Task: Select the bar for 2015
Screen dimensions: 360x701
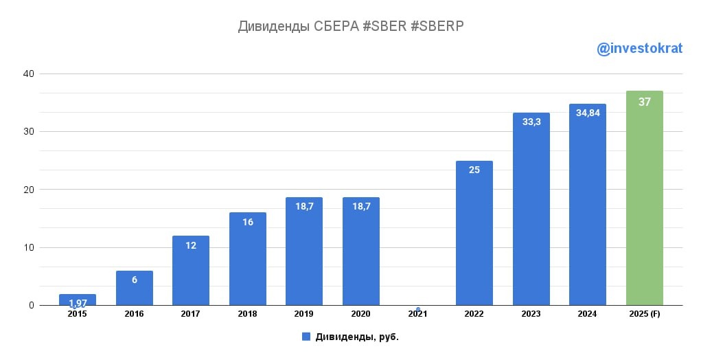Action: click(78, 300)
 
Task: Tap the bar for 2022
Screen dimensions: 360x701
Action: click(474, 234)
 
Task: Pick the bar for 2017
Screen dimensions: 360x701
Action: click(191, 271)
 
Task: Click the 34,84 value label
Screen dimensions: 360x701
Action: click(588, 113)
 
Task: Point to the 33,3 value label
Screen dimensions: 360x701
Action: click(531, 122)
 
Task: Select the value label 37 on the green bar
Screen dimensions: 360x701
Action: click(644, 102)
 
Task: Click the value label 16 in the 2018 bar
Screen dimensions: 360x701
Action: click(248, 222)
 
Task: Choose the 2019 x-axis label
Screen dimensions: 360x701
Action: click(304, 314)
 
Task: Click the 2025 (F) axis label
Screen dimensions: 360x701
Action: click(644, 314)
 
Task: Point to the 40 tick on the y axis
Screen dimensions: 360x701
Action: click(29, 74)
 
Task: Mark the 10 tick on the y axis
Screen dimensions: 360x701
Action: click(29, 247)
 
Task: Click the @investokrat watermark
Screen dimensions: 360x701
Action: click(639, 49)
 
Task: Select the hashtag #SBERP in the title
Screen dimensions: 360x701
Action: click(437, 27)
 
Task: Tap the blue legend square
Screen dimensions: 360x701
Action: click(306, 337)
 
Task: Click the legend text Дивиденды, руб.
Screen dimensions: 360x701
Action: click(356, 337)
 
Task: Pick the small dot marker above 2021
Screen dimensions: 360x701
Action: click(417, 309)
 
